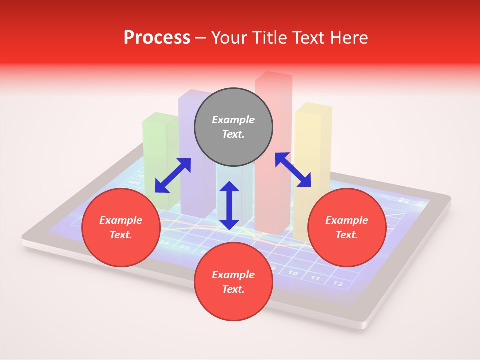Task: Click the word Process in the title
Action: (157, 38)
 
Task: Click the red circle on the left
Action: (121, 227)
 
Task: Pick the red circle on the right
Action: (347, 227)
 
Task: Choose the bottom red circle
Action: (233, 282)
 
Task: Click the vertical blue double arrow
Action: (229, 205)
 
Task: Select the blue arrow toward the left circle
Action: (173, 175)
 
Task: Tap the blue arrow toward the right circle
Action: (293, 170)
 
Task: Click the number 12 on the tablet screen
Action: (338, 283)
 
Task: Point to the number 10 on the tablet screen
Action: (293, 273)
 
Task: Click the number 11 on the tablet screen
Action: (315, 278)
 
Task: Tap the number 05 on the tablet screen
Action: (184, 247)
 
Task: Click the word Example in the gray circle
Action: (233, 120)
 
